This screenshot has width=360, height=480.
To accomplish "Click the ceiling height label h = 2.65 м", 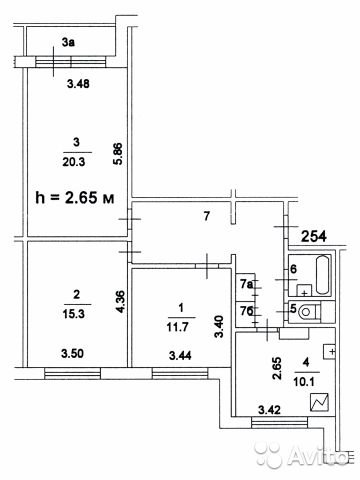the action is pyautogui.click(x=75, y=198).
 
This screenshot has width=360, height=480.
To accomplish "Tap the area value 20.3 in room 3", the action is pyautogui.click(x=74, y=162).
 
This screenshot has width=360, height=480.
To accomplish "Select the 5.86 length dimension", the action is pyautogui.click(x=118, y=154).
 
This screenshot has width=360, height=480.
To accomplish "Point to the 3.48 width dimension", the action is pyautogui.click(x=78, y=83).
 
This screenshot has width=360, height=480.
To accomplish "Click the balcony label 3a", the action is pyautogui.click(x=68, y=42).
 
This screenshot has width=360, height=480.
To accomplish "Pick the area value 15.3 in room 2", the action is pyautogui.click(x=74, y=314).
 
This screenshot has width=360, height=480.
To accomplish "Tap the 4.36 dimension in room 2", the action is pyautogui.click(x=120, y=302).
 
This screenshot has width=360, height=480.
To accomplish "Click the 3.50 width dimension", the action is pyautogui.click(x=72, y=353).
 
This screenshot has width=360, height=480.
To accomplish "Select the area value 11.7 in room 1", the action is pyautogui.click(x=178, y=327).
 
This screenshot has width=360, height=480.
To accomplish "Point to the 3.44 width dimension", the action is pyautogui.click(x=180, y=356).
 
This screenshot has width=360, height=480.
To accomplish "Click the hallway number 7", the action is pyautogui.click(x=207, y=216).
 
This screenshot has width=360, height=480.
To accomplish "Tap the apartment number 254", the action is pyautogui.click(x=314, y=236).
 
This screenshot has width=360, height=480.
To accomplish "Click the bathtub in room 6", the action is pyautogui.click(x=322, y=275).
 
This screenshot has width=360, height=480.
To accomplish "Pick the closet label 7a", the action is pyautogui.click(x=246, y=284).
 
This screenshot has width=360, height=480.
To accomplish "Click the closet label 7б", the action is pyautogui.click(x=247, y=311).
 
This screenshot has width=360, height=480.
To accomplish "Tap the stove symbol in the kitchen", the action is pyautogui.click(x=320, y=402).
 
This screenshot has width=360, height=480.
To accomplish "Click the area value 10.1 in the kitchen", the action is pyautogui.click(x=304, y=382).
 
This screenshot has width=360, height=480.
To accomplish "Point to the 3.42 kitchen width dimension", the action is pyautogui.click(x=269, y=410).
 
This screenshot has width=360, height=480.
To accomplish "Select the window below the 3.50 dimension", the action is pyautogui.click(x=73, y=373).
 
